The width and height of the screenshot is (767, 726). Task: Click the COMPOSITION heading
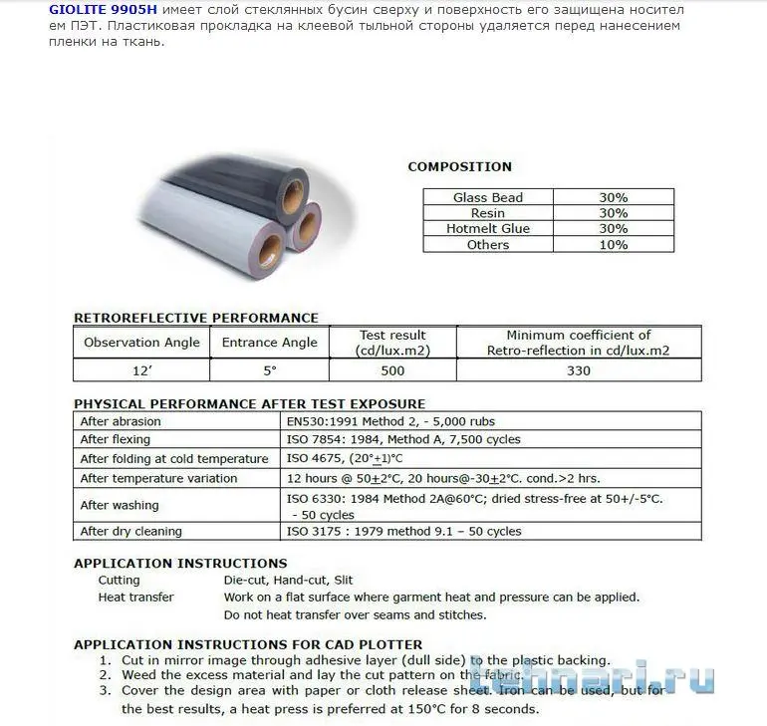(x=459, y=166)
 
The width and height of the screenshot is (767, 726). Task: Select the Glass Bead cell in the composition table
(x=487, y=197)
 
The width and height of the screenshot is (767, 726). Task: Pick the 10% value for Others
(x=613, y=244)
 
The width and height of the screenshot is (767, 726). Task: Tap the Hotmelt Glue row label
(x=487, y=228)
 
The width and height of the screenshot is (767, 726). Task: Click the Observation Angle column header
(x=141, y=343)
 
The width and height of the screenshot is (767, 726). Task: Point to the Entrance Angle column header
(x=270, y=343)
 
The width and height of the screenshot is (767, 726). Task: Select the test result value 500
(x=392, y=370)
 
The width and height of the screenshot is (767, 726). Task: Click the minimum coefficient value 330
(x=578, y=370)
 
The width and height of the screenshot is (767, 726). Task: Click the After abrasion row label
(x=121, y=421)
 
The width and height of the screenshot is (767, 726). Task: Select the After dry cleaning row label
(x=130, y=532)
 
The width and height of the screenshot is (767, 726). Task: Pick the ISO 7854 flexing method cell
(x=402, y=439)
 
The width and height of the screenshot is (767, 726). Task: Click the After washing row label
(x=120, y=506)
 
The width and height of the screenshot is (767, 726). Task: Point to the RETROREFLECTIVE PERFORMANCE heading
(x=196, y=318)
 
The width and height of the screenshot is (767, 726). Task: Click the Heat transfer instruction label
(x=135, y=598)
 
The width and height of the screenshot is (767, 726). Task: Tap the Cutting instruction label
(x=119, y=580)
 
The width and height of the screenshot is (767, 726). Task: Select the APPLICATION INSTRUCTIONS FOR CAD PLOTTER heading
(x=248, y=644)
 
